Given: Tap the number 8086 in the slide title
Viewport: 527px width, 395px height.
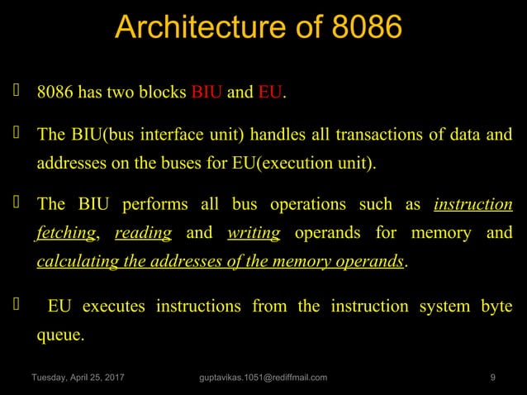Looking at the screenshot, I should (x=365, y=26).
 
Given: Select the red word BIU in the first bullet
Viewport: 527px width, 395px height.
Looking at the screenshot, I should (x=206, y=92).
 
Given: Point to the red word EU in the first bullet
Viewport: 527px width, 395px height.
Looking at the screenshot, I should (x=270, y=92).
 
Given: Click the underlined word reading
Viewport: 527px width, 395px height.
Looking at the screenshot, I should (x=143, y=233).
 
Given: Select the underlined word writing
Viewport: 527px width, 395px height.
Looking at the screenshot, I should (x=253, y=233).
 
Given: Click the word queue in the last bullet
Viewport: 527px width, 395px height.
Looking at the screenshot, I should (x=59, y=336).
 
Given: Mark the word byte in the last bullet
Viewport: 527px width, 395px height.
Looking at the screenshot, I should (x=496, y=307).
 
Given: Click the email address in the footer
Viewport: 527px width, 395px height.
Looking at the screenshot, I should (x=263, y=378).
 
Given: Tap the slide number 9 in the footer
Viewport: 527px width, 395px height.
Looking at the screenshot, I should (x=492, y=378).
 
